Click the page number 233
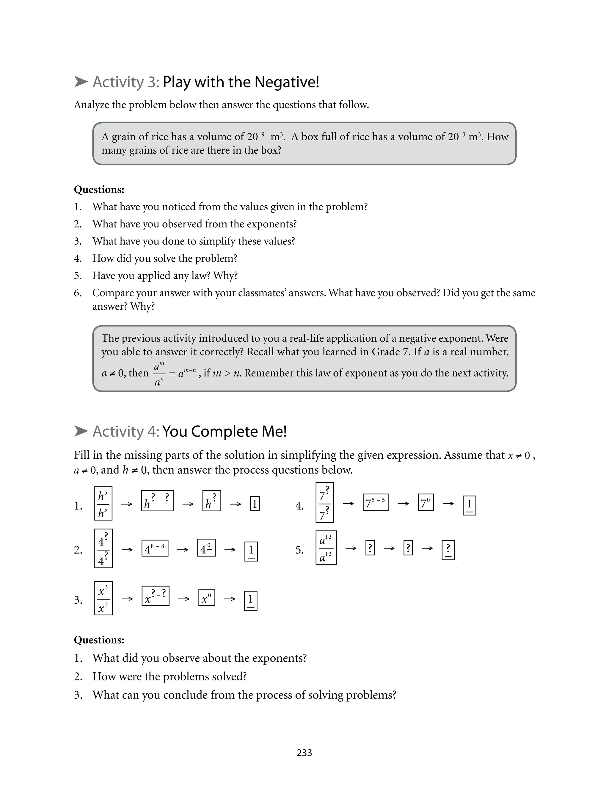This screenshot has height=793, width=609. click(x=304, y=753)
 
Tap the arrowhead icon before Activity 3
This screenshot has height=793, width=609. click(x=81, y=82)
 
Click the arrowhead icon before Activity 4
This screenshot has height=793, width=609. click(x=81, y=431)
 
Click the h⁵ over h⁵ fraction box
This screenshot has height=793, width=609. click(x=103, y=503)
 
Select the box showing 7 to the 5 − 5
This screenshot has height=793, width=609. click(x=376, y=502)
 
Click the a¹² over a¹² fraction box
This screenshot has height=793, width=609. click(x=326, y=548)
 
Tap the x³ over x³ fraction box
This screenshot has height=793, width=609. click(x=103, y=598)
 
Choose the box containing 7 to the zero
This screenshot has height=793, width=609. click(x=426, y=502)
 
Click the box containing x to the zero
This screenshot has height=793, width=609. click(x=207, y=598)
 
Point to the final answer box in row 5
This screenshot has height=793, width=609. click(x=448, y=550)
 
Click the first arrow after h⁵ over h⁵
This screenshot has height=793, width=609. click(x=126, y=504)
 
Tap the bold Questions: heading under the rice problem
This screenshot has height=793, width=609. click(x=99, y=189)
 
